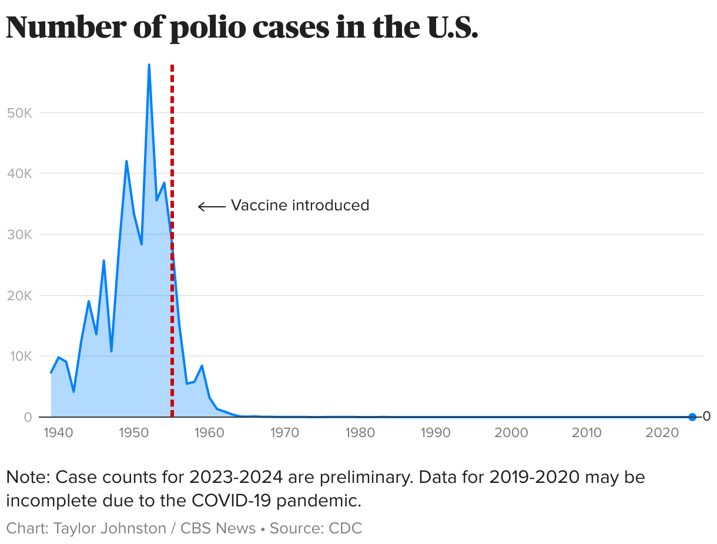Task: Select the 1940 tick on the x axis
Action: pos(58,433)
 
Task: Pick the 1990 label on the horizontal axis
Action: pos(436,433)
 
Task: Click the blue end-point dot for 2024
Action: pos(692,417)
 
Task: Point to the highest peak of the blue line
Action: pos(149,65)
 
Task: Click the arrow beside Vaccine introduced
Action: pos(212,206)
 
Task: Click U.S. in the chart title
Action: pos(449,27)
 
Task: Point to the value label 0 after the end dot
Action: pos(707,417)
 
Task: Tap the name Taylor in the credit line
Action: pos(77,528)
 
